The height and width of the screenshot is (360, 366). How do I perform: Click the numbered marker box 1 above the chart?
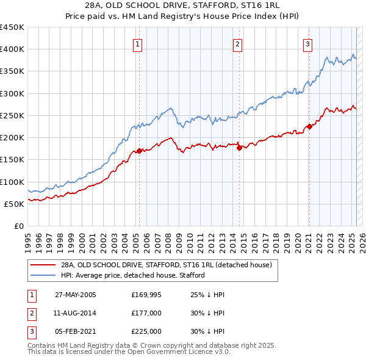pyautogui.click(x=137, y=44)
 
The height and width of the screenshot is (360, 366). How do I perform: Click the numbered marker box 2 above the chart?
pyautogui.click(x=237, y=44)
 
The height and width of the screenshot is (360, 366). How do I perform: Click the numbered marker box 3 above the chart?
pyautogui.click(x=308, y=44)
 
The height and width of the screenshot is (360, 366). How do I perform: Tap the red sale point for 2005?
pyautogui.click(x=139, y=151)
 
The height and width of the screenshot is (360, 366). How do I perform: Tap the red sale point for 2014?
pyautogui.click(x=239, y=148)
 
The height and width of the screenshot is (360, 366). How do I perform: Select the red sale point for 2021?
pyautogui.click(x=309, y=127)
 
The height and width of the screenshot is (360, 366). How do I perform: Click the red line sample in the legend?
pyautogui.click(x=42, y=265)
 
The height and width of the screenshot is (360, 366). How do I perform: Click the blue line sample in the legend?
pyautogui.click(x=42, y=275)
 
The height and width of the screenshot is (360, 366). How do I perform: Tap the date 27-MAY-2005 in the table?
pyautogui.click(x=76, y=295)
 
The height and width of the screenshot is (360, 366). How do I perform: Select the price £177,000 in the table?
pyautogui.click(x=146, y=313)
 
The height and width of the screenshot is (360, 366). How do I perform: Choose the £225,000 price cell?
pyautogui.click(x=146, y=331)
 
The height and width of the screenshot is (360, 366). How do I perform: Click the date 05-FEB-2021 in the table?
pyautogui.click(x=76, y=331)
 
